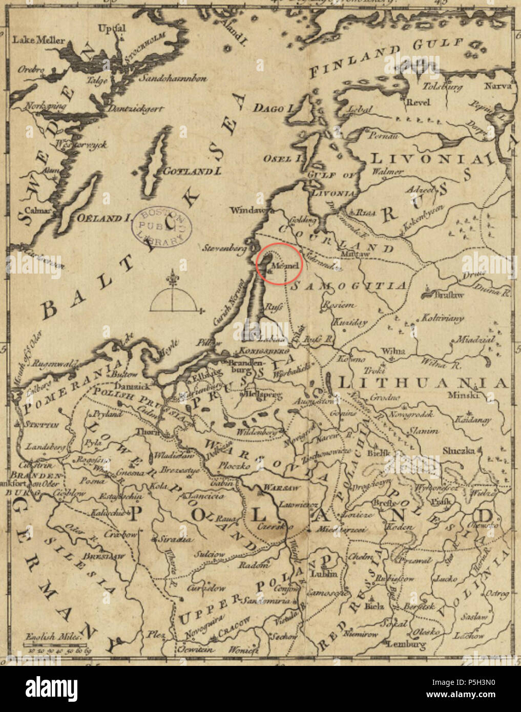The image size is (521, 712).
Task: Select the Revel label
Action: (x=418, y=102)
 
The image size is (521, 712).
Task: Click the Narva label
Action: (x=498, y=86)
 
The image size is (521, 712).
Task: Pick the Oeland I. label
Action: (x=103, y=217)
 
